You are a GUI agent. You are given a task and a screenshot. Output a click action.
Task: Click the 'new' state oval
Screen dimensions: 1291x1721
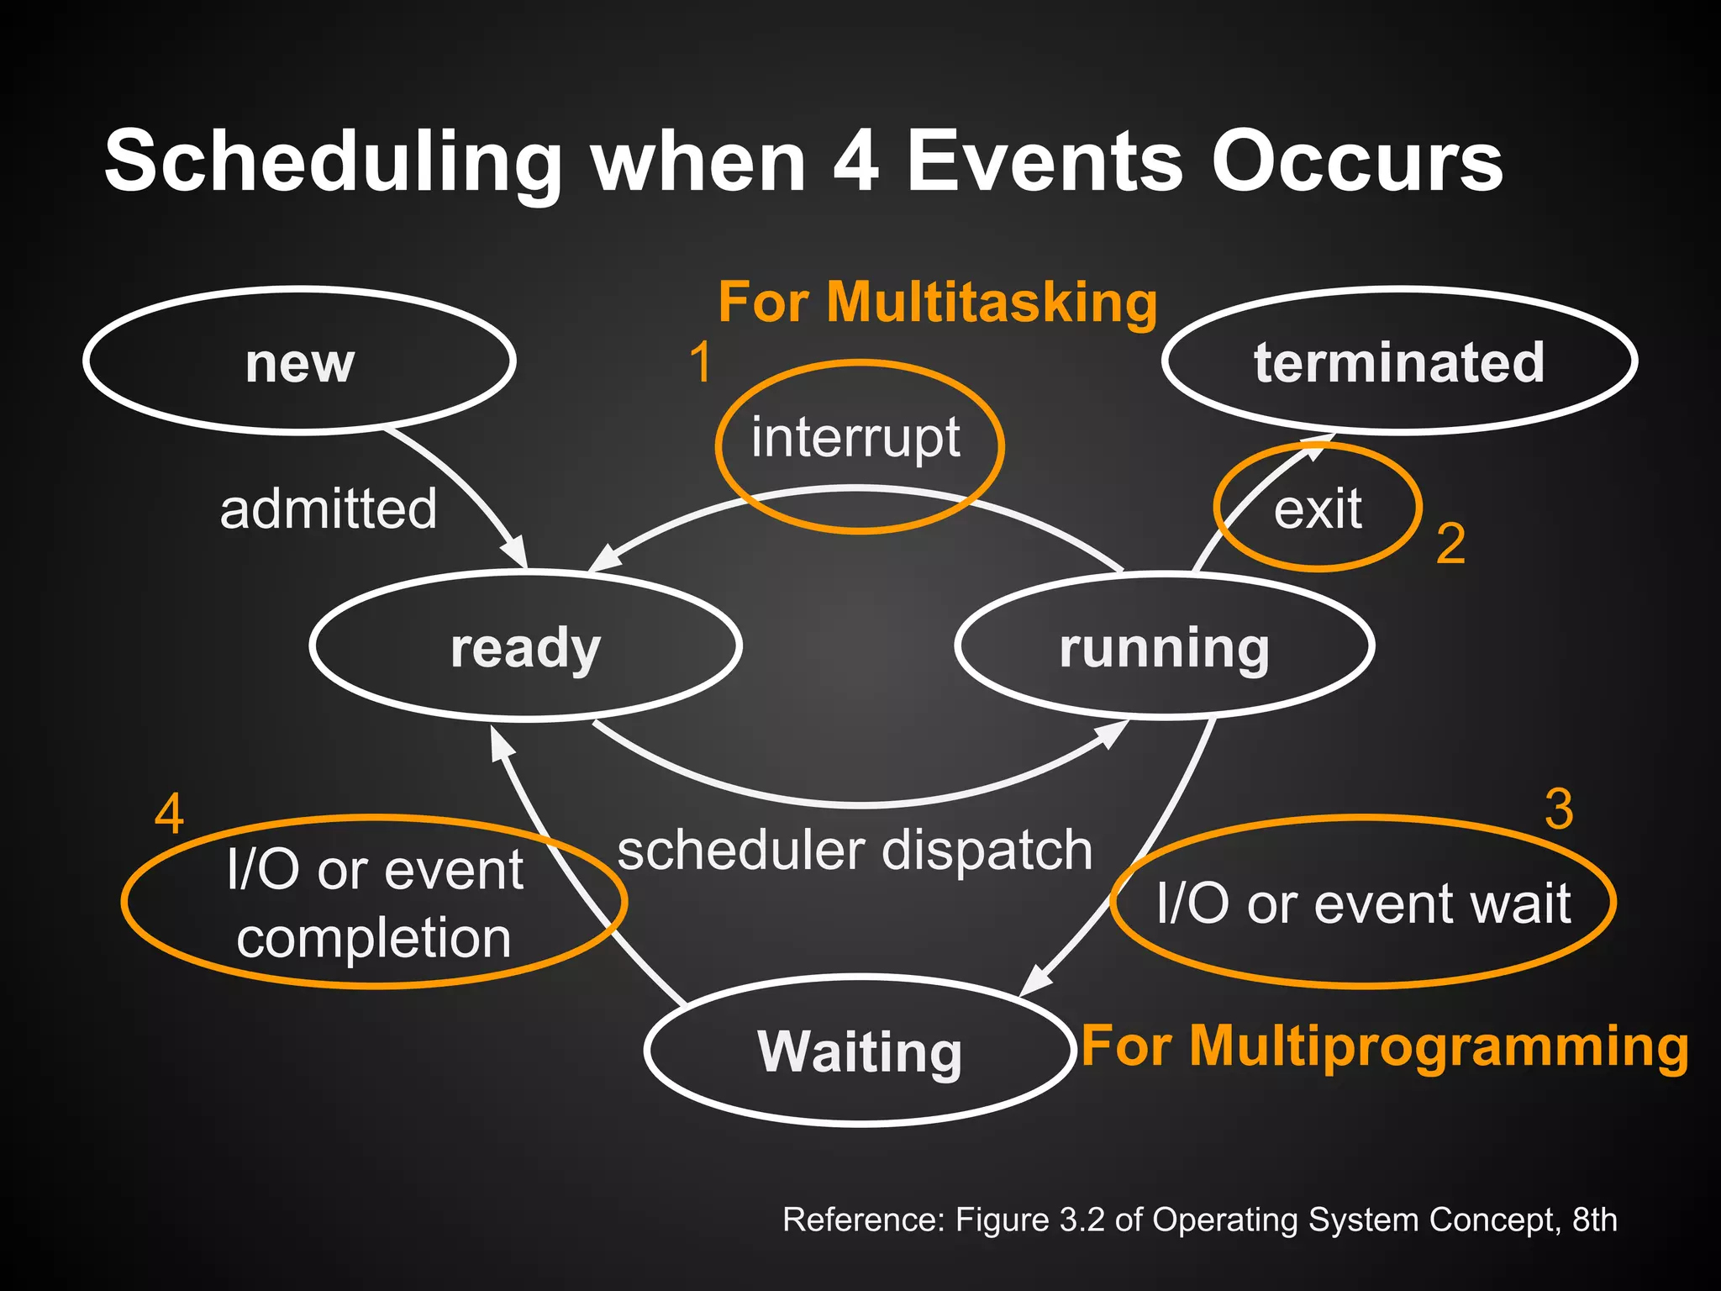pyautogui.click(x=299, y=361)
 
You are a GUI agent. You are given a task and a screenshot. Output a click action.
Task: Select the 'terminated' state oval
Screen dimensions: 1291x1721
pyautogui.click(x=1399, y=361)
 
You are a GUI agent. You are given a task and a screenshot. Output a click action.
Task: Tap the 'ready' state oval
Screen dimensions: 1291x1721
pyautogui.click(x=525, y=646)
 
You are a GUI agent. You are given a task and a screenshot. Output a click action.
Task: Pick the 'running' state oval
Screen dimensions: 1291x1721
pyautogui.click(x=1164, y=646)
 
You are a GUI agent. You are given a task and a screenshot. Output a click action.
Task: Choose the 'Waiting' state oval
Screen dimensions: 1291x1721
pyautogui.click(x=860, y=1051)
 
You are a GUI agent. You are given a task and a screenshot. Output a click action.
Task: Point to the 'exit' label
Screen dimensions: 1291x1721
pyautogui.click(x=1317, y=509)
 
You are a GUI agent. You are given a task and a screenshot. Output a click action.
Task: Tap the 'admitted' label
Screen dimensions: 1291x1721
pyautogui.click(x=329, y=509)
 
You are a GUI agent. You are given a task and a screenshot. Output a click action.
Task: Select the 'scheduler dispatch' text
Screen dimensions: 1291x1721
pyautogui.click(x=855, y=851)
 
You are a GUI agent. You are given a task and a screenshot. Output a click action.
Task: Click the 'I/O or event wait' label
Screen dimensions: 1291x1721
pyautogui.click(x=1363, y=904)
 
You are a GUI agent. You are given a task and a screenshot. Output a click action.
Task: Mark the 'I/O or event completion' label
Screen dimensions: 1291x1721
pyautogui.click(x=374, y=904)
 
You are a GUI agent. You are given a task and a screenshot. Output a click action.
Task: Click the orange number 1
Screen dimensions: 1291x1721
pyautogui.click(x=700, y=363)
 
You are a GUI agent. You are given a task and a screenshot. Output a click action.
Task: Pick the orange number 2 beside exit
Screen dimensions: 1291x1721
pyautogui.click(x=1450, y=544)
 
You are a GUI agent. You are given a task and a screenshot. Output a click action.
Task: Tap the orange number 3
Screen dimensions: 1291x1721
pyautogui.click(x=1559, y=809)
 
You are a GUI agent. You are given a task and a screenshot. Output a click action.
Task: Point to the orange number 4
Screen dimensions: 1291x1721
pyautogui.click(x=169, y=814)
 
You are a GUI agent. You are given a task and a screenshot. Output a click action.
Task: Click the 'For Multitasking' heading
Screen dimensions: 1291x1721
pyautogui.click(x=937, y=302)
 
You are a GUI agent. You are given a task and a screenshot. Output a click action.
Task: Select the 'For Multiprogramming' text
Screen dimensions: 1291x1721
pyautogui.click(x=1384, y=1046)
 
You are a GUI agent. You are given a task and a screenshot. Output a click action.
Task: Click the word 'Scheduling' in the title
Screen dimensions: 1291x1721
pyautogui.click(x=332, y=161)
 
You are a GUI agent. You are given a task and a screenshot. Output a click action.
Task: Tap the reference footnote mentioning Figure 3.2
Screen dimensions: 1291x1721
pyautogui.click(x=1199, y=1220)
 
